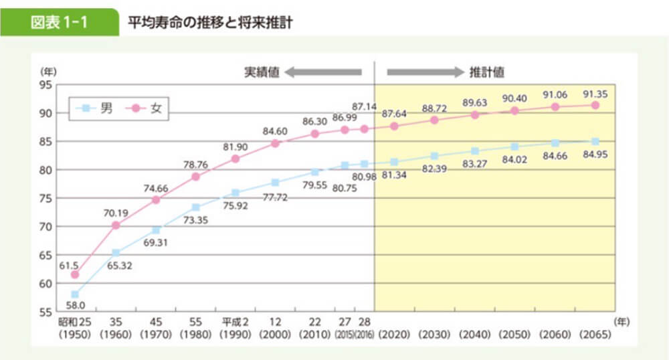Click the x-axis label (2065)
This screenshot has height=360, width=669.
[595, 334]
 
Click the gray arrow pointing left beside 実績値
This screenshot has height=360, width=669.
[322, 71]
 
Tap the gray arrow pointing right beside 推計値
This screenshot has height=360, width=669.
[425, 71]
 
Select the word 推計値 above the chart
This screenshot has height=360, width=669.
[486, 71]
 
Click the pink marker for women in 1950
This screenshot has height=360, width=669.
[75, 274]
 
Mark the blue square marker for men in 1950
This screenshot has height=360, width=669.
[75, 294]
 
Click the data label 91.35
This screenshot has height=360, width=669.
[595, 92]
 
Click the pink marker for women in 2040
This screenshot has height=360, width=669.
[475, 114]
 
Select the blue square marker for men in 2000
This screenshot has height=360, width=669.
[276, 183]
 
